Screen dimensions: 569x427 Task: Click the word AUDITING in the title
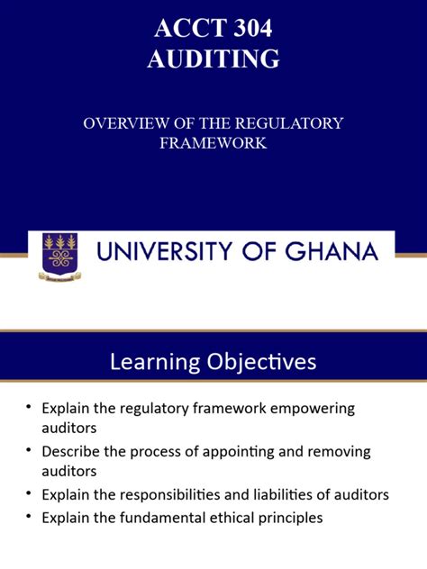pos(213,59)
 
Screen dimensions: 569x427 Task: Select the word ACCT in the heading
pos(183,29)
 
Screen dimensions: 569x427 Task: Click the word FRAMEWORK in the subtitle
pos(213,142)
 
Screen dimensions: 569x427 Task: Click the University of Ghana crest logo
pos(59,255)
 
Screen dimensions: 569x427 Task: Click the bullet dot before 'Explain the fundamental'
pos(29,518)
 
